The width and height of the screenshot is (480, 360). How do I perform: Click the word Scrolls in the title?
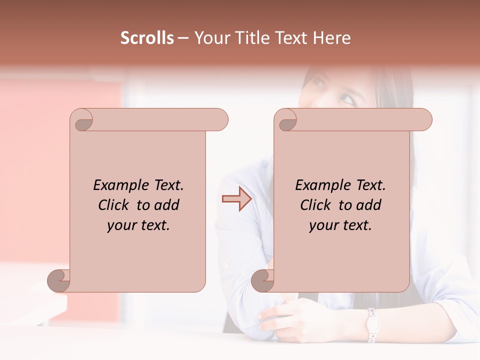(147, 38)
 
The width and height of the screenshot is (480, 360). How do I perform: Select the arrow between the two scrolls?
(236, 199)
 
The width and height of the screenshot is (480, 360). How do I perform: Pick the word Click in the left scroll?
(115, 205)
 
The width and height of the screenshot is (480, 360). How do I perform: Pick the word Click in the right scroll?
(317, 205)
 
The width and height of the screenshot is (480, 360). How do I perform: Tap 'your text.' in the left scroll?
(138, 225)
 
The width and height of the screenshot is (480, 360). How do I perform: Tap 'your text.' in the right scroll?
(340, 225)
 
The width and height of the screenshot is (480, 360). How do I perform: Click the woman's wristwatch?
(372, 325)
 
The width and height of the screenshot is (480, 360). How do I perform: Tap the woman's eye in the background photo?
(348, 99)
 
